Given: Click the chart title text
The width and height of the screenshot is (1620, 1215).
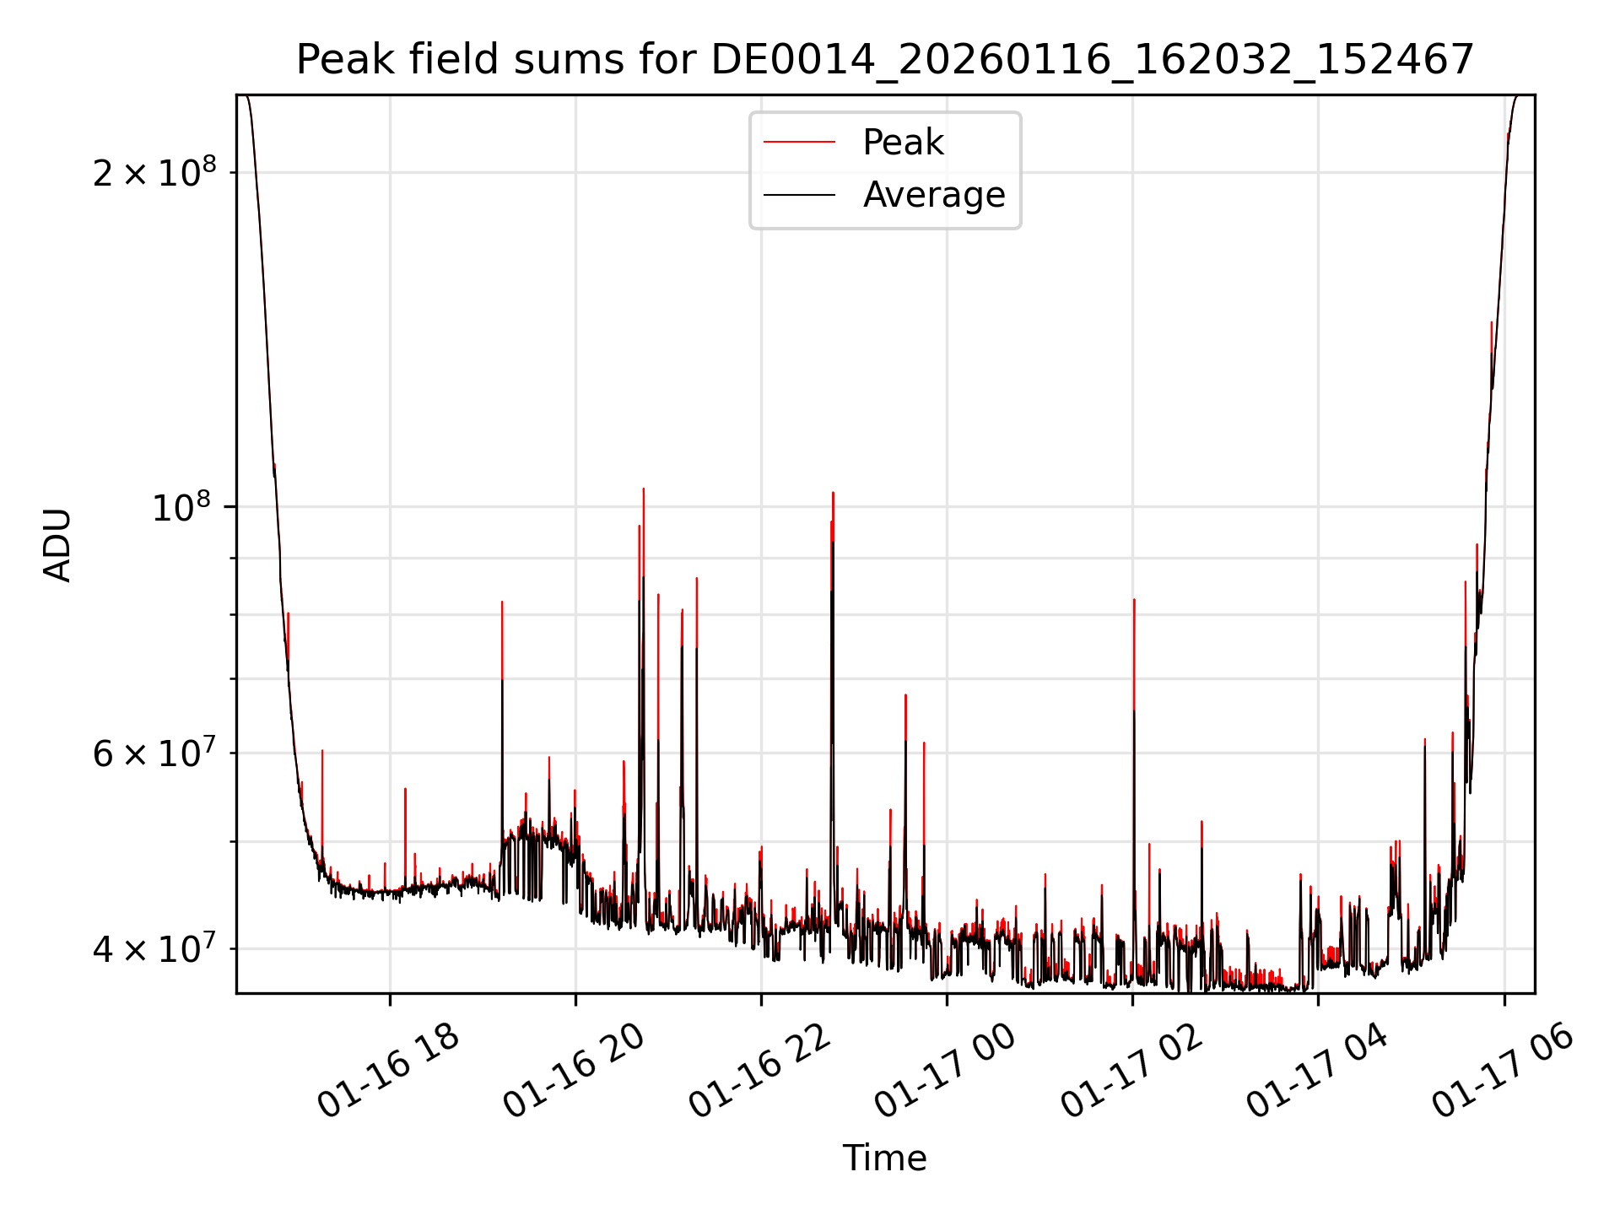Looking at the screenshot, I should (x=884, y=61).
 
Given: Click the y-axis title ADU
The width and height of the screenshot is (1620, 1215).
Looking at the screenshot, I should (x=57, y=545).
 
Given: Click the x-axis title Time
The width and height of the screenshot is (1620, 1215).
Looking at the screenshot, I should (x=884, y=1158).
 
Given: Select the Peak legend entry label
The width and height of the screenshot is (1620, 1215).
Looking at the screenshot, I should (x=903, y=143).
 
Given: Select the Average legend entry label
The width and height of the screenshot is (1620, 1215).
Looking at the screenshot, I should (x=934, y=195).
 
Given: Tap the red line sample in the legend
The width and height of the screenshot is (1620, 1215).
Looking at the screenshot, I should (x=799, y=143).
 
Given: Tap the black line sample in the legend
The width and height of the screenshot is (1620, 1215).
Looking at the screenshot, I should (x=799, y=195).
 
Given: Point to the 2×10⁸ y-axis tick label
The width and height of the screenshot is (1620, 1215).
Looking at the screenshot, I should (x=154, y=173).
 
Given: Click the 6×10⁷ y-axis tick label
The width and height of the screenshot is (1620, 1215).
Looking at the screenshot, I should (x=154, y=753).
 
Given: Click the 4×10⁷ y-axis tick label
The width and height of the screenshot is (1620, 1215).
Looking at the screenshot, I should (x=154, y=949).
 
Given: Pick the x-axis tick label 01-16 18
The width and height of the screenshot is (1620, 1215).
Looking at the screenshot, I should (x=389, y=1071).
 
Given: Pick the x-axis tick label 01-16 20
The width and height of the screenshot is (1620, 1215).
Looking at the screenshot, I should (x=575, y=1071).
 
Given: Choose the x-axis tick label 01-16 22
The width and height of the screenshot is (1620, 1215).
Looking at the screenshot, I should (x=760, y=1071).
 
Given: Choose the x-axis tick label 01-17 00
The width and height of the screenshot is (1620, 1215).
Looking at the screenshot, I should (x=946, y=1071).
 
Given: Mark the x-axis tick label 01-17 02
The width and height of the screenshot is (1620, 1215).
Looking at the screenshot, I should (x=1131, y=1071).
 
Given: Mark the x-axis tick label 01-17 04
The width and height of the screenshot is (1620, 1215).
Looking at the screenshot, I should (x=1317, y=1071).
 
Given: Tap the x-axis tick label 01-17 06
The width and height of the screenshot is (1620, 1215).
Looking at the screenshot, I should (x=1503, y=1071).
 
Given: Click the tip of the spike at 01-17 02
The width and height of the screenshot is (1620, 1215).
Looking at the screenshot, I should (x=1134, y=600).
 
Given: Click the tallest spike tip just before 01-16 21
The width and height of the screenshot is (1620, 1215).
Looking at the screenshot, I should (x=644, y=489).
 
